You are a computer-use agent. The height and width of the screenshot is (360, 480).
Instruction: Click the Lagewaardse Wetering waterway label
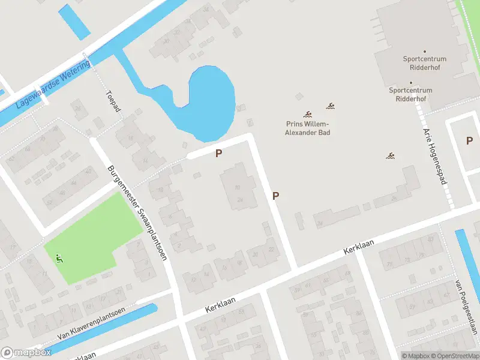point(53,83)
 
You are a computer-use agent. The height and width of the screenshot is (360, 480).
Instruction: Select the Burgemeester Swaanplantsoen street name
point(137,209)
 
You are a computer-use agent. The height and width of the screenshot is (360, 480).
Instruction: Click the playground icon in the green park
point(59,259)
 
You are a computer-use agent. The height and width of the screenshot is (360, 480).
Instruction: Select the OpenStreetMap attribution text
point(455,356)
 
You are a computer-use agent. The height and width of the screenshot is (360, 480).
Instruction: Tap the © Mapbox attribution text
point(416,356)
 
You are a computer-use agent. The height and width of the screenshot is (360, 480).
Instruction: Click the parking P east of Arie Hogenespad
point(469,140)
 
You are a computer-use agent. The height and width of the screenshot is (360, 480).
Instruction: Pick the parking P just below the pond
point(219,153)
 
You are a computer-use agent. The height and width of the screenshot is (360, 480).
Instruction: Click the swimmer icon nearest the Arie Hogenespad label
point(391,156)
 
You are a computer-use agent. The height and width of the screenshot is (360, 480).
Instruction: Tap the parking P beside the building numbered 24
point(275,196)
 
